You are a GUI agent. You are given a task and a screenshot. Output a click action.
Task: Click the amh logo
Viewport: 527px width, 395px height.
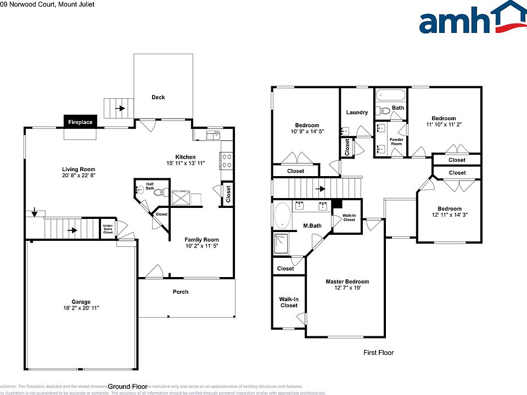coord(472,19)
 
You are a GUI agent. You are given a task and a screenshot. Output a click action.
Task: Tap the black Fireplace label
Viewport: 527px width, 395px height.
coord(81,122)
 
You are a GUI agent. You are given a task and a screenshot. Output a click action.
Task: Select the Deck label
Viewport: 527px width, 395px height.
coord(158,98)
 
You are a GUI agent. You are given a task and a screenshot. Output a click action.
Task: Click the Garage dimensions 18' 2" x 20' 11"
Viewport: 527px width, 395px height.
coord(81,309)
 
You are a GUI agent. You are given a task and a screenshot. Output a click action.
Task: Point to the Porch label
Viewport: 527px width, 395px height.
coord(181,292)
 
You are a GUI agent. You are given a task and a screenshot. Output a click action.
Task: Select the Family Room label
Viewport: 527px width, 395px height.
coord(201,240)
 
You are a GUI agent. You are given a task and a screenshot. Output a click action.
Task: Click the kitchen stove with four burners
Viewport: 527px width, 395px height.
coord(227,160)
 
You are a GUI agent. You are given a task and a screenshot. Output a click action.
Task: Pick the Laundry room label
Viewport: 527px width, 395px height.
coord(357,112)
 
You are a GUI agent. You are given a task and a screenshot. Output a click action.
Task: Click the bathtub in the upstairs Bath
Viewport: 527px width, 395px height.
coord(391,95)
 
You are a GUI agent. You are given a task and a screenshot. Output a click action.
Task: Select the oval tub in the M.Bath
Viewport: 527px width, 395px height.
coord(283,216)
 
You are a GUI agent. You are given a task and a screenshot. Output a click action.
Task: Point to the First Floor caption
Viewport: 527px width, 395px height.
coord(378,353)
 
